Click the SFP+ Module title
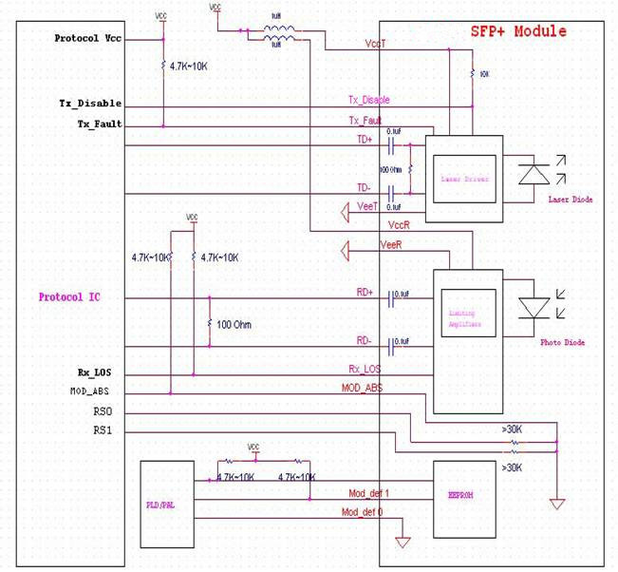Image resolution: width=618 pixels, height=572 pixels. coord(518,31)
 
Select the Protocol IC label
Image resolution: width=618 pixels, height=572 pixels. coord(69,297)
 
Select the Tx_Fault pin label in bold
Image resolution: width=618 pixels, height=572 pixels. coord(100,124)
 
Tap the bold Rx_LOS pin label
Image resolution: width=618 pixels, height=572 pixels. coord(101,372)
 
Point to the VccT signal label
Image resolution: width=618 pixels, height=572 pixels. coord(374,44)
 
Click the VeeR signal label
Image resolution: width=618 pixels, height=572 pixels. coord(392,245)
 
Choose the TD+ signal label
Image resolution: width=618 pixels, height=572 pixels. coord(365,138)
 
